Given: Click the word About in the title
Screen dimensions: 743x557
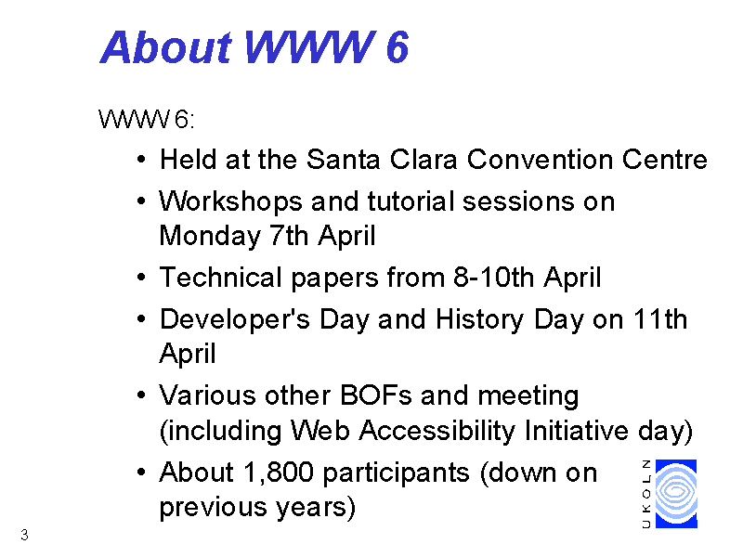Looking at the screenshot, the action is [166, 47].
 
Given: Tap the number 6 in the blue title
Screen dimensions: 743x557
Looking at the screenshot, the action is [398, 47].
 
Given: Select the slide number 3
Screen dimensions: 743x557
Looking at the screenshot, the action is [25, 535].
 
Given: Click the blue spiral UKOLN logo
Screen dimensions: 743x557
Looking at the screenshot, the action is [676, 494].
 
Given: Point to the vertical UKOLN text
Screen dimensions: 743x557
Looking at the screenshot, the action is [646, 494].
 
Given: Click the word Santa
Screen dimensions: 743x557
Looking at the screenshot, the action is [343, 159].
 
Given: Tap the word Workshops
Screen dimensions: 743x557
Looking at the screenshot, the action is [230, 202].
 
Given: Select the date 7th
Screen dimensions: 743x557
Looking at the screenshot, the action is [290, 236].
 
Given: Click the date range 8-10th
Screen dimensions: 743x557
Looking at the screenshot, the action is [493, 277].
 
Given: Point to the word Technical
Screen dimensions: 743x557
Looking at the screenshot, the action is [221, 277].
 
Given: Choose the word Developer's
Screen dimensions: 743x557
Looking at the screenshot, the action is [235, 320].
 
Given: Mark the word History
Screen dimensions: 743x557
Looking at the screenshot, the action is [479, 320].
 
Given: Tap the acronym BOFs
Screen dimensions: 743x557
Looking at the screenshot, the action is [376, 395].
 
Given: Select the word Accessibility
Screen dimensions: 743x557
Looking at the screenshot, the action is [437, 432].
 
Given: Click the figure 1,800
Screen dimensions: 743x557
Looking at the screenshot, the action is [278, 473].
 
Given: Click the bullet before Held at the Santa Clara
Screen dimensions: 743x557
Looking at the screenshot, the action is [141, 160].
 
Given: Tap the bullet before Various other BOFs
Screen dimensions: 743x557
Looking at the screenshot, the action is [141, 395].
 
